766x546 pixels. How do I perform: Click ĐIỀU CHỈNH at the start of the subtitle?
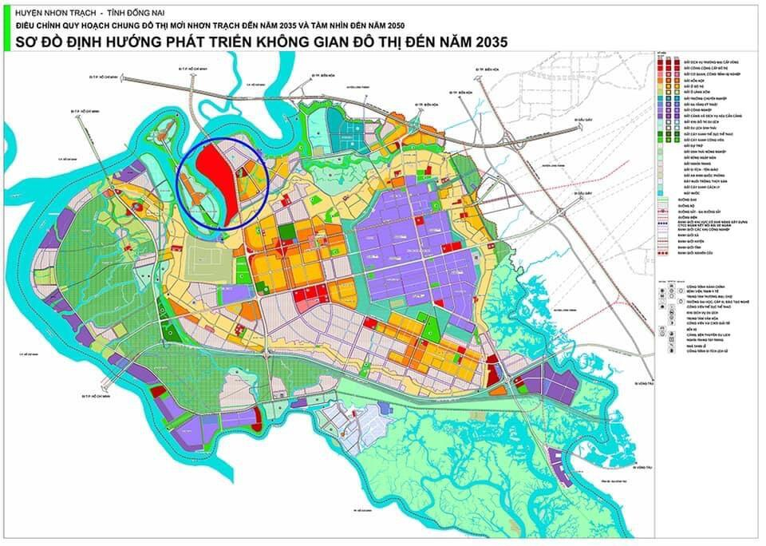coord(37,26)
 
